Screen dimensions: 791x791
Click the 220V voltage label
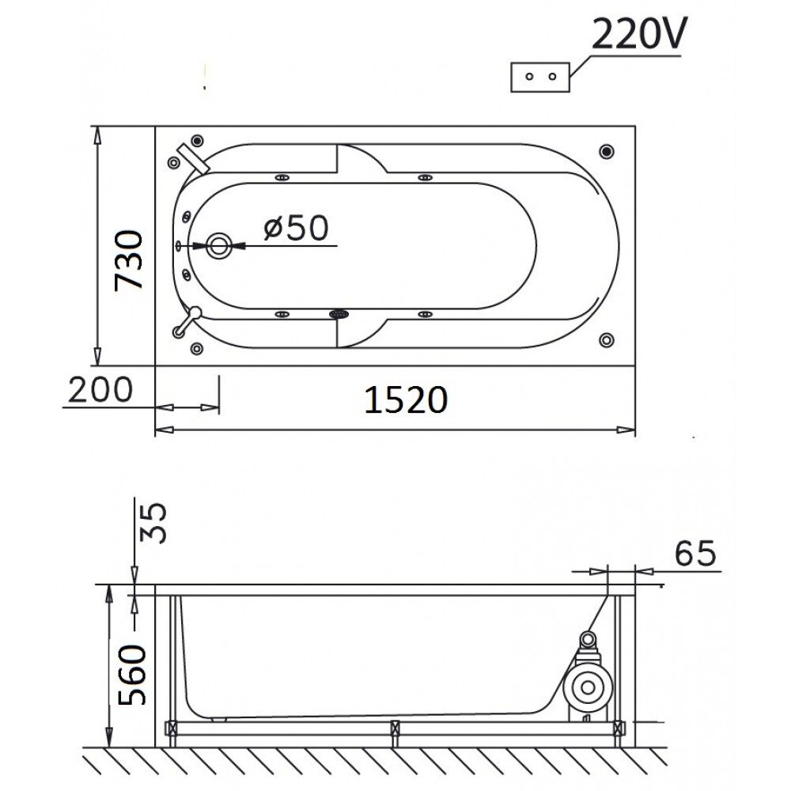click(638, 34)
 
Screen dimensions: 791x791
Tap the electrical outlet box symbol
click(540, 78)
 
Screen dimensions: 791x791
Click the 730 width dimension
click(129, 260)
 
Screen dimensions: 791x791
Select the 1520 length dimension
click(406, 400)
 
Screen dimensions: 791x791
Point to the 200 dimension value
click(100, 389)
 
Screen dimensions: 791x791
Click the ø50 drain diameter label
click(296, 228)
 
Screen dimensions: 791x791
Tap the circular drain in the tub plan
click(219, 246)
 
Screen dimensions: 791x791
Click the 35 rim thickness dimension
click(153, 522)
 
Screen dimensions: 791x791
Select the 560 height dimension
click(132, 675)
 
